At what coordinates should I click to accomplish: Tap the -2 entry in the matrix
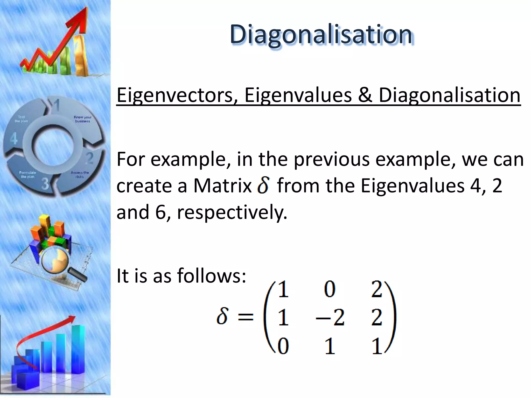coord(330,318)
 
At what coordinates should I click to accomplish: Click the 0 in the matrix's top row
coord(330,289)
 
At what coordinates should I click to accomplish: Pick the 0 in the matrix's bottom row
coord(283,346)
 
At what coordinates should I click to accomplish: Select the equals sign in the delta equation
coord(245,317)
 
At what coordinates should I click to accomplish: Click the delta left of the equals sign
coord(222,316)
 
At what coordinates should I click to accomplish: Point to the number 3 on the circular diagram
coord(45,184)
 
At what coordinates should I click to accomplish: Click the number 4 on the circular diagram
coord(13,139)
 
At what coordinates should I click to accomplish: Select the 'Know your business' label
coord(82,119)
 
